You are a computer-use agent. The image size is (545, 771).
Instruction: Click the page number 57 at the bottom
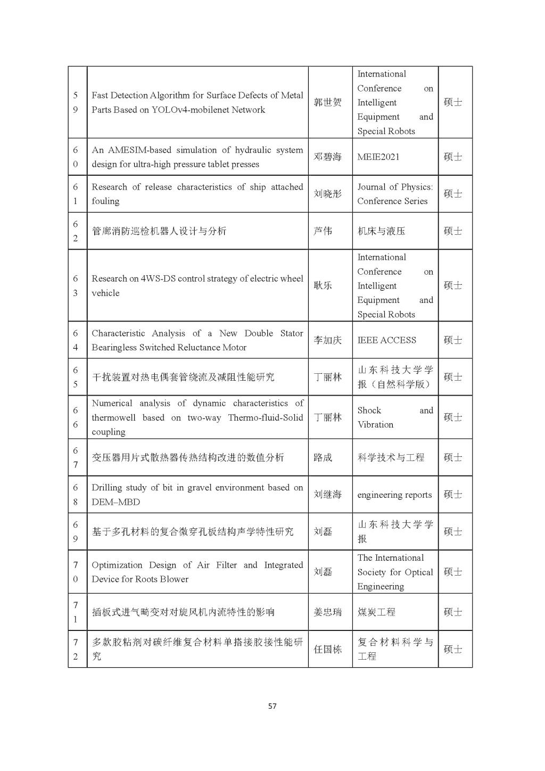272,706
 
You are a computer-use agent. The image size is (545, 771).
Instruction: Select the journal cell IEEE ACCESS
386,340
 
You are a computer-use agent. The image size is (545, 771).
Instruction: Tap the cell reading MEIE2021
378,157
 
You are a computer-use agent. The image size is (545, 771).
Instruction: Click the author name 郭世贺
327,102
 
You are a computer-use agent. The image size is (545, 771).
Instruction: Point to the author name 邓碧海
327,157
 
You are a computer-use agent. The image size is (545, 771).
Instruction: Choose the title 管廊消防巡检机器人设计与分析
159,231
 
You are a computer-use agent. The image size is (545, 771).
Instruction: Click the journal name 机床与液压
381,231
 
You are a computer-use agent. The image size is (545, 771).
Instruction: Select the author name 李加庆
327,340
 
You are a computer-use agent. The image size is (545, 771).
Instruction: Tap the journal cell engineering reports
394,495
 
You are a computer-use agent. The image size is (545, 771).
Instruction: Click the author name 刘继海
327,495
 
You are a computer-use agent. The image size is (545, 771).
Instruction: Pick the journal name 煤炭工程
376,612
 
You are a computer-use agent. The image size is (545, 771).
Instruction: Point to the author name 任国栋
327,649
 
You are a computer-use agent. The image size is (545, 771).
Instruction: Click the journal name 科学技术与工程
391,457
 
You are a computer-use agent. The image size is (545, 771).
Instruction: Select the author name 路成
323,457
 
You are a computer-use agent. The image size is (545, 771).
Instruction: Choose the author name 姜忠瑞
327,612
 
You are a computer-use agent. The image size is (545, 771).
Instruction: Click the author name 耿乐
323,285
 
